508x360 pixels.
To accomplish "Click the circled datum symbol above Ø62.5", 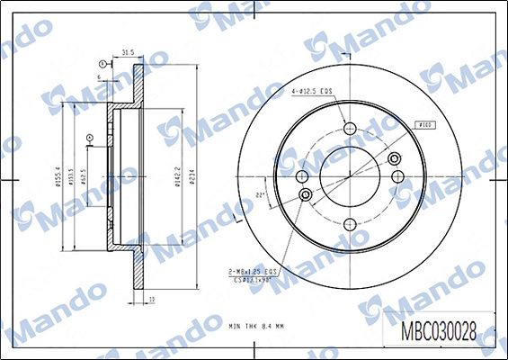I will click(x=89, y=138).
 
